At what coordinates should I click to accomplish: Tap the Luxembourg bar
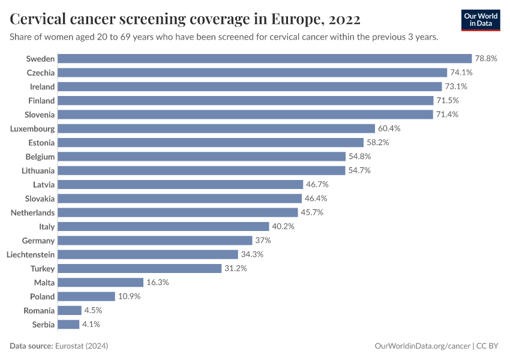pyautogui.click(x=217, y=128)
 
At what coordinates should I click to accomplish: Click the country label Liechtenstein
pyautogui.click(x=31, y=254)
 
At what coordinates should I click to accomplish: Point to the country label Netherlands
pyautogui.click(x=33, y=212)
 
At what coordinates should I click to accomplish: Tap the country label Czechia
pyautogui.click(x=41, y=73)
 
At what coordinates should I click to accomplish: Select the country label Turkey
pyautogui.click(x=43, y=269)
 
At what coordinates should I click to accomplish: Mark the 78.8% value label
pyautogui.click(x=487, y=59)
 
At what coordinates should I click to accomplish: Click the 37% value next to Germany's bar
pyautogui.click(x=263, y=241)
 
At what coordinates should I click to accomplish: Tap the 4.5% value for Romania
pyautogui.click(x=93, y=311)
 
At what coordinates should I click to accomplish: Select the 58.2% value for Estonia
pyautogui.click(x=378, y=143)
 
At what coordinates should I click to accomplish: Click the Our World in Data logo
pyautogui.click(x=481, y=19)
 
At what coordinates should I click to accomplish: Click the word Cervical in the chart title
pyautogui.click(x=38, y=20)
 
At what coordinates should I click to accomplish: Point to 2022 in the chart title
pyautogui.click(x=344, y=20)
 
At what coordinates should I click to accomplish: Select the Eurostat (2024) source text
pyautogui.click(x=80, y=346)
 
